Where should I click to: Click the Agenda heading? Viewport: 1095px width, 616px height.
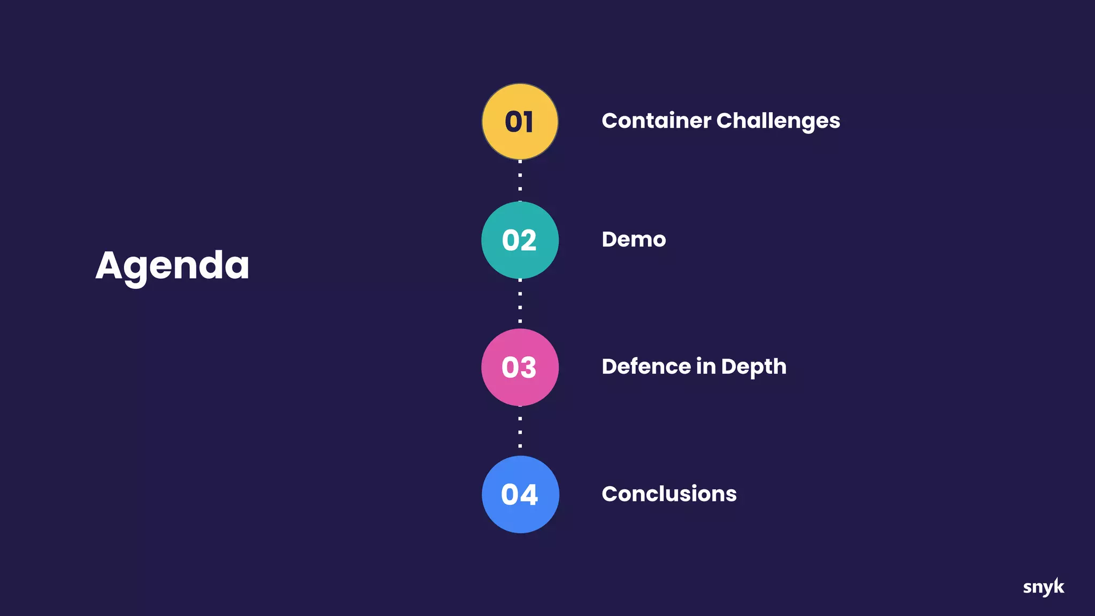[172, 266]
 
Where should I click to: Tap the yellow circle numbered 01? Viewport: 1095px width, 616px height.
[520, 122]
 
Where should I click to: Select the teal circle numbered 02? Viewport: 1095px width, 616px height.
[520, 240]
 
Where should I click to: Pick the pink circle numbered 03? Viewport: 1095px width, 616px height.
[520, 367]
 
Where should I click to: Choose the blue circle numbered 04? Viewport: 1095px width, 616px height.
[520, 495]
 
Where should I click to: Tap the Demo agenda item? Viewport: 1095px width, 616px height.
[634, 240]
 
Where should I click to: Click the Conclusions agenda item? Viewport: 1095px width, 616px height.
[669, 494]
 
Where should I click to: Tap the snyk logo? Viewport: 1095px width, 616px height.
[1043, 587]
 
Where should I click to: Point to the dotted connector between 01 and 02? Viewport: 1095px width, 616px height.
[520, 181]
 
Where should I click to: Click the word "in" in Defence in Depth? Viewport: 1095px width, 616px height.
[706, 367]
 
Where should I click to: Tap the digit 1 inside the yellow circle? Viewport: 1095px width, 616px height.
[529, 122]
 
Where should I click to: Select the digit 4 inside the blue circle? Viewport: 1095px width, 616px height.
[529, 495]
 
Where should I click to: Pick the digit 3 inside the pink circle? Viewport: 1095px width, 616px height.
[528, 367]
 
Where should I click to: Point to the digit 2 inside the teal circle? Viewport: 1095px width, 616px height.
[528, 240]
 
